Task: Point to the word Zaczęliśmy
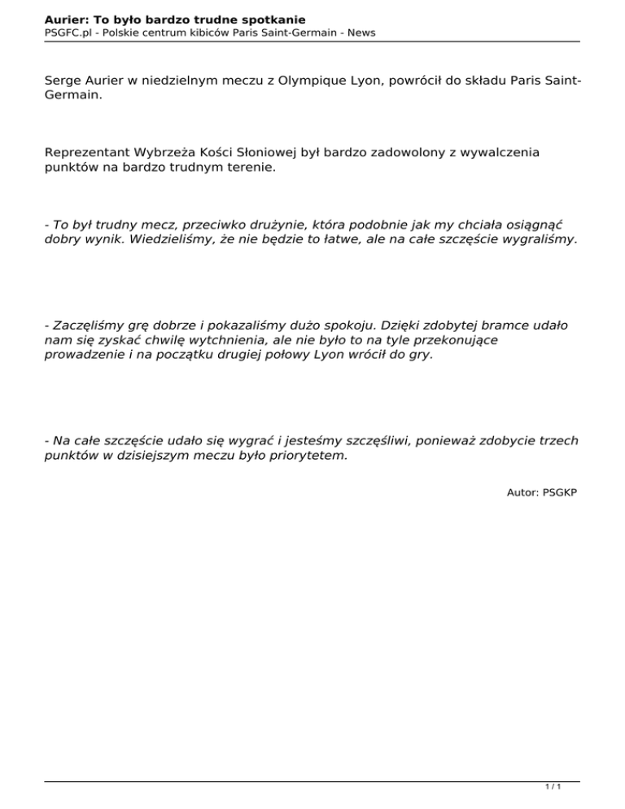(86, 326)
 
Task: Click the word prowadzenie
(83, 356)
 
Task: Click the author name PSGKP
(557, 493)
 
